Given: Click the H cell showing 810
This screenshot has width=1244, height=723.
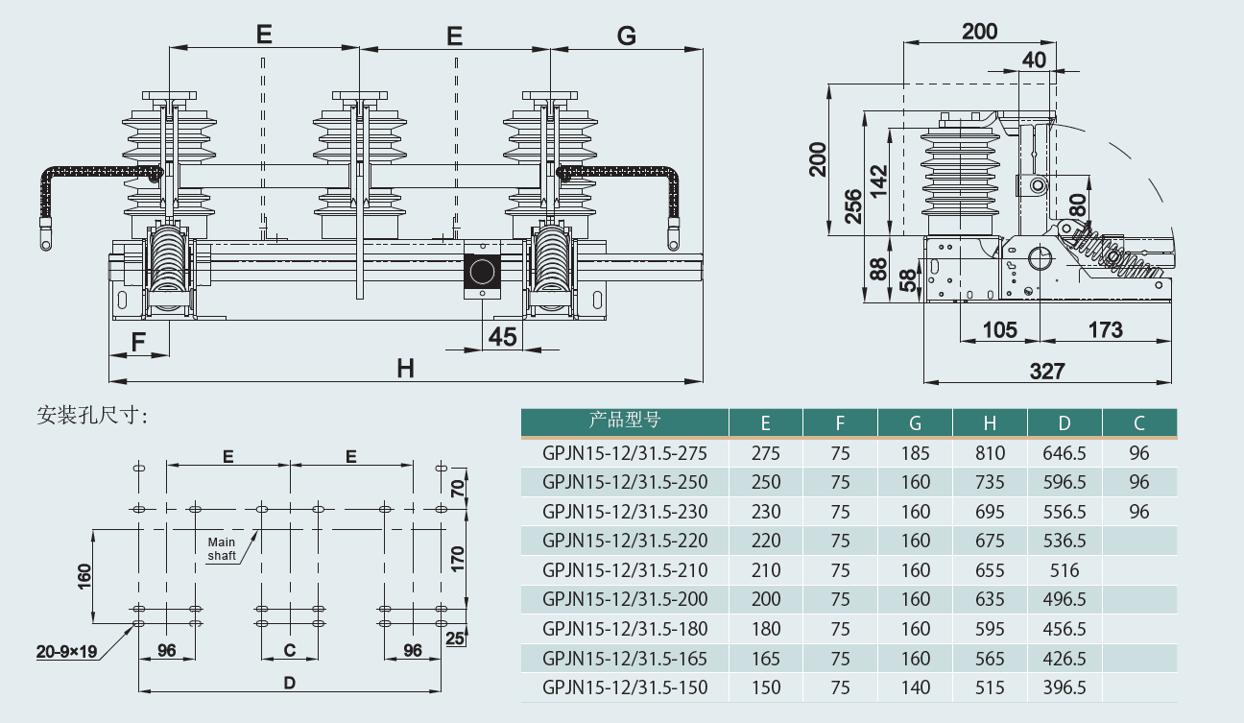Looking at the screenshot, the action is [x=990, y=453].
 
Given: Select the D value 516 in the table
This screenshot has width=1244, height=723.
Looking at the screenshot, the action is [x=1065, y=570].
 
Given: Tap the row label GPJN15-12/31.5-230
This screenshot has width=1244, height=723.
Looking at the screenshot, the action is [x=625, y=512].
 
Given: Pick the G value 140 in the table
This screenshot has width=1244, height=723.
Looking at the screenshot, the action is [x=915, y=688].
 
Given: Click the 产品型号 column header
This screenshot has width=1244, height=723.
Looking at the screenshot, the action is [x=624, y=421].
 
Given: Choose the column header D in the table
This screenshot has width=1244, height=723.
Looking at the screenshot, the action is [x=1065, y=423].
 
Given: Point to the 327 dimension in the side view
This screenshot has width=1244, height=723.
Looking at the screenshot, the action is [x=1047, y=372].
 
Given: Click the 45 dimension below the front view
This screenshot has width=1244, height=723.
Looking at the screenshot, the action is [x=503, y=337].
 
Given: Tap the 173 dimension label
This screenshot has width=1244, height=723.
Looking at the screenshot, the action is [x=1105, y=330].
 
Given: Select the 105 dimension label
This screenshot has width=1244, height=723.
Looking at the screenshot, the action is [x=999, y=330].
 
